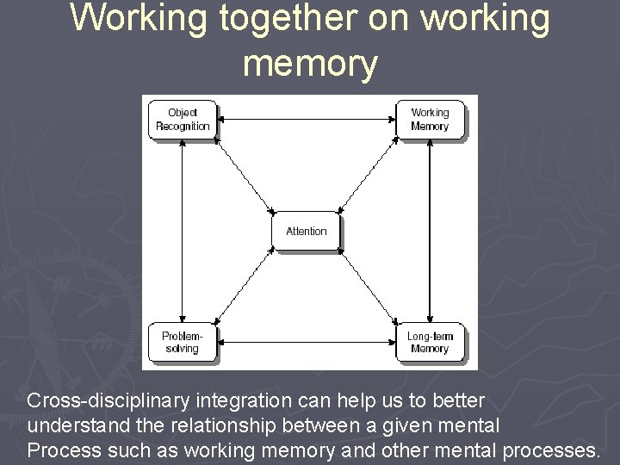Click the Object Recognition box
(183, 120)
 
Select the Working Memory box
(430, 120)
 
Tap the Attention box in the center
(307, 231)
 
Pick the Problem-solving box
(182, 342)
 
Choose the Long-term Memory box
(430, 342)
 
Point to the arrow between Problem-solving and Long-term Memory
(306, 344)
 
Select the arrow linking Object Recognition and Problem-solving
(182, 231)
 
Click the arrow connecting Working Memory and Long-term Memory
(430, 231)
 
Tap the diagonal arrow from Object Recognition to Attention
(244, 174)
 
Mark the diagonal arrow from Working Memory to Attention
(369, 174)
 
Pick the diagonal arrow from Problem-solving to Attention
(244, 288)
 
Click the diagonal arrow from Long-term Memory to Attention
(369, 288)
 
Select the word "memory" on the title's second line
(310, 63)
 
